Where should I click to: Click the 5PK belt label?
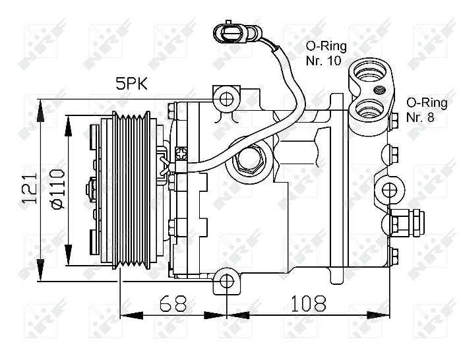pyautogui.click(x=131, y=84)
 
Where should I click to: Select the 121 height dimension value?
pyautogui.click(x=30, y=189)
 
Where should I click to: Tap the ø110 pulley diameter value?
pyautogui.click(x=57, y=189)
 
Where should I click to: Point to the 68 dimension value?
pyautogui.click(x=173, y=303)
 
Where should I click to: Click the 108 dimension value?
pyautogui.click(x=309, y=303)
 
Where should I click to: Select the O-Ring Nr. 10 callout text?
pyautogui.click(x=326, y=53)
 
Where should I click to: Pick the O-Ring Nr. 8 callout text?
pyautogui.click(x=427, y=109)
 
